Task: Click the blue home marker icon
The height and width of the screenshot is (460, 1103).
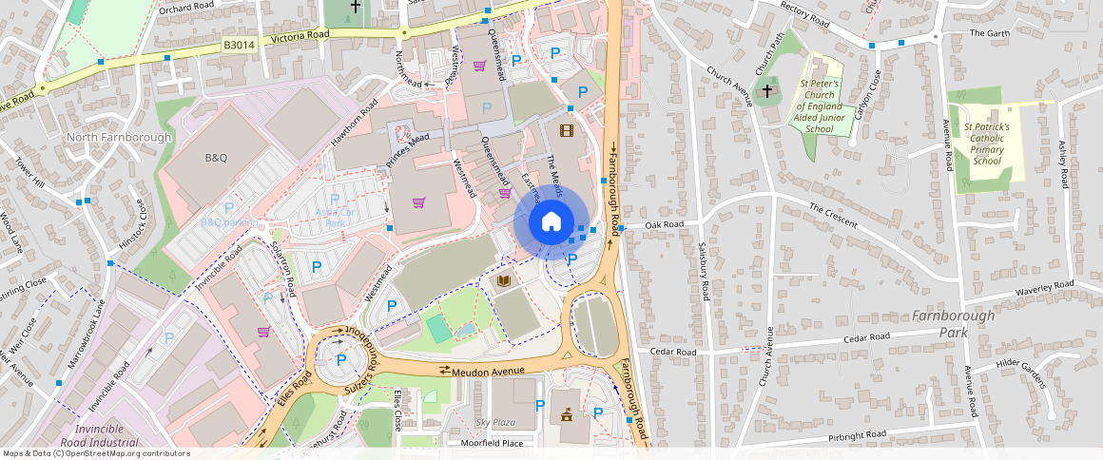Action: pyautogui.click(x=551, y=223)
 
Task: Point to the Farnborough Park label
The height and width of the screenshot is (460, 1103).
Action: pyautogui.click(x=954, y=323)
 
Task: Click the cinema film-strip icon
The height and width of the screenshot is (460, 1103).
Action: pyautogui.click(x=567, y=130)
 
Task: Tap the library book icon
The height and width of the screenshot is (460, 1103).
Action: pyautogui.click(x=504, y=281)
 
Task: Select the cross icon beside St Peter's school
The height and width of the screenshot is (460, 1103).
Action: pyautogui.click(x=766, y=92)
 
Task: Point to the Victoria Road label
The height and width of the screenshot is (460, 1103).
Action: pyautogui.click(x=300, y=37)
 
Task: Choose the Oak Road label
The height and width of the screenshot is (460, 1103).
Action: pyautogui.click(x=664, y=225)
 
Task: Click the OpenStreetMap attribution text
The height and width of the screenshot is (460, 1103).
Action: pyautogui.click(x=96, y=453)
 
